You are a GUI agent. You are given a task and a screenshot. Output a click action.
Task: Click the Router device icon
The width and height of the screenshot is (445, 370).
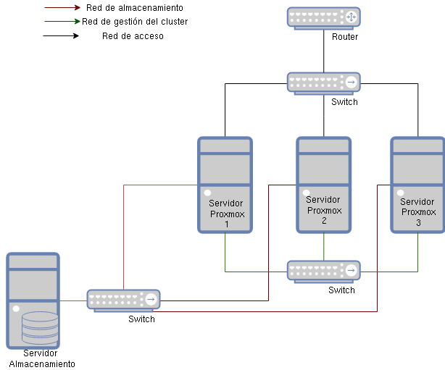pyautogui.click(x=323, y=18)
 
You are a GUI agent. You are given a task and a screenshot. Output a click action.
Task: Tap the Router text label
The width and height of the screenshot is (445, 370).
pyautogui.click(x=345, y=37)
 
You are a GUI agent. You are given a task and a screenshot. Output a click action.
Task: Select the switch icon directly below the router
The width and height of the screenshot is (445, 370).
pyautogui.click(x=323, y=83)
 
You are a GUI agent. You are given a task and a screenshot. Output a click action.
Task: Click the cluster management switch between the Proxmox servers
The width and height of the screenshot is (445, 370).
pyautogui.click(x=323, y=271)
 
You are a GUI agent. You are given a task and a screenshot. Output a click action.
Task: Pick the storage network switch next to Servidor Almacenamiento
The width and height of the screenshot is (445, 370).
pyautogui.click(x=123, y=300)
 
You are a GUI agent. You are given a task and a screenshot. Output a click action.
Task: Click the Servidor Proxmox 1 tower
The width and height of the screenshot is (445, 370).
pyautogui.click(x=225, y=185)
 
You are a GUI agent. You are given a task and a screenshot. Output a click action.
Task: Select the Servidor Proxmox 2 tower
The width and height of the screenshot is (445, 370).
pyautogui.click(x=323, y=185)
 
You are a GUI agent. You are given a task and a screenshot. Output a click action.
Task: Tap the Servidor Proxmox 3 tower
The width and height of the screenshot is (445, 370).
pyautogui.click(x=417, y=185)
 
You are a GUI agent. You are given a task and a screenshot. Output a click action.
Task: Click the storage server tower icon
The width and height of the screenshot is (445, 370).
pyautogui.click(x=33, y=300)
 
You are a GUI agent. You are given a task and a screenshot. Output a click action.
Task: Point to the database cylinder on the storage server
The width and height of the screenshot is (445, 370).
pyautogui.click(x=40, y=328)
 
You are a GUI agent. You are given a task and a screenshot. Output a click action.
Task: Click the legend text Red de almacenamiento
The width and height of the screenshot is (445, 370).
pyautogui.click(x=134, y=8)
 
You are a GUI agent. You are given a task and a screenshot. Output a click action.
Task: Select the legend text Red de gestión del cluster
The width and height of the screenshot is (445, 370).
pyautogui.click(x=135, y=22)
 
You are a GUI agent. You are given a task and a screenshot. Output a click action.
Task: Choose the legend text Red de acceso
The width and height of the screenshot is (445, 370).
pyautogui.click(x=133, y=35)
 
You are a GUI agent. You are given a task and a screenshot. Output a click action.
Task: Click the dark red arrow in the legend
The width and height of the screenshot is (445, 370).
pyautogui.click(x=62, y=9)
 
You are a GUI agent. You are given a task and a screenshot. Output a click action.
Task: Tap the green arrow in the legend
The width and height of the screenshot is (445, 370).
pyautogui.click(x=62, y=22)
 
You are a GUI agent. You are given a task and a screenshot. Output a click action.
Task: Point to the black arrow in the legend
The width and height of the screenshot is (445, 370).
pyautogui.click(x=62, y=35)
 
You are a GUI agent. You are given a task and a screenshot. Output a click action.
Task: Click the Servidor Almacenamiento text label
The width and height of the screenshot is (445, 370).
pyautogui.click(x=41, y=358)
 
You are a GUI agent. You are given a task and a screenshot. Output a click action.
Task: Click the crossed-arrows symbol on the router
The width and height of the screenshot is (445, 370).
pyautogui.click(x=352, y=17)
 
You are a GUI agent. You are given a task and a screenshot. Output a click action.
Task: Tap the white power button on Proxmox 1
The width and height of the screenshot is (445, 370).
pyautogui.click(x=207, y=193)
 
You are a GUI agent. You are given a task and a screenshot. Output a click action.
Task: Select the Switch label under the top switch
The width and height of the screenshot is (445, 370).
pyautogui.click(x=344, y=102)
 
